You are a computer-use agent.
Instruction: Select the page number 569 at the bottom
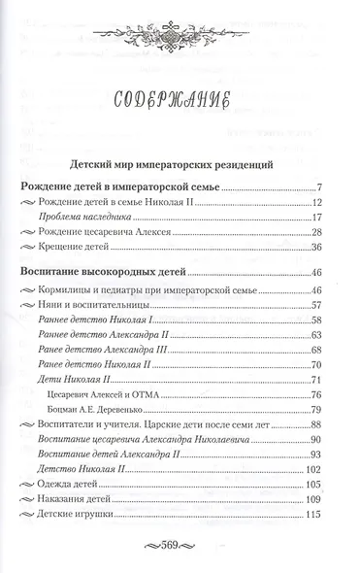(x=180, y=542)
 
